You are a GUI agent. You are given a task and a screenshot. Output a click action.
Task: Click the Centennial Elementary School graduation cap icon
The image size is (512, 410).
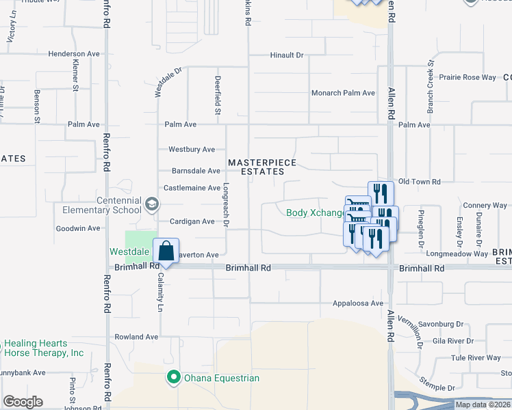pyautogui.click(x=151, y=203)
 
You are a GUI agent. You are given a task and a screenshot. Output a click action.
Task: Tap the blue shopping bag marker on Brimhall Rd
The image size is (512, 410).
pyautogui.click(x=166, y=251)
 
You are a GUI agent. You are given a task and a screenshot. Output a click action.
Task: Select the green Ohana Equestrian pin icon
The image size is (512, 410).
pyautogui.click(x=174, y=377)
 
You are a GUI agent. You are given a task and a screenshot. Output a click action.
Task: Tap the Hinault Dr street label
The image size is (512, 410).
pyautogui.click(x=286, y=55)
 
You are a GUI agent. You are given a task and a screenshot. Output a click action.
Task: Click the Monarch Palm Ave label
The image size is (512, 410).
pyautogui.click(x=343, y=93)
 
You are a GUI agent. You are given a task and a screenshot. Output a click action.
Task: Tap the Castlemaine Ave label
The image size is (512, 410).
pyautogui.click(x=192, y=187)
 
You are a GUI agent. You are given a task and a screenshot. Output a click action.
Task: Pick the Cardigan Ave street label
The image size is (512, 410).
pyautogui.click(x=192, y=221)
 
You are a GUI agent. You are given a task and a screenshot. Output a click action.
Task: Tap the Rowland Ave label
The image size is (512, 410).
pyautogui.click(x=136, y=337)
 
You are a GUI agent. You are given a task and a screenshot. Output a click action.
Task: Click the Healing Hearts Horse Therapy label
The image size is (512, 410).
pyautogui.click(x=44, y=348)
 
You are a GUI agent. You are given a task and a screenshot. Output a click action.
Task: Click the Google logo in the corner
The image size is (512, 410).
pyautogui.click(x=23, y=402)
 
